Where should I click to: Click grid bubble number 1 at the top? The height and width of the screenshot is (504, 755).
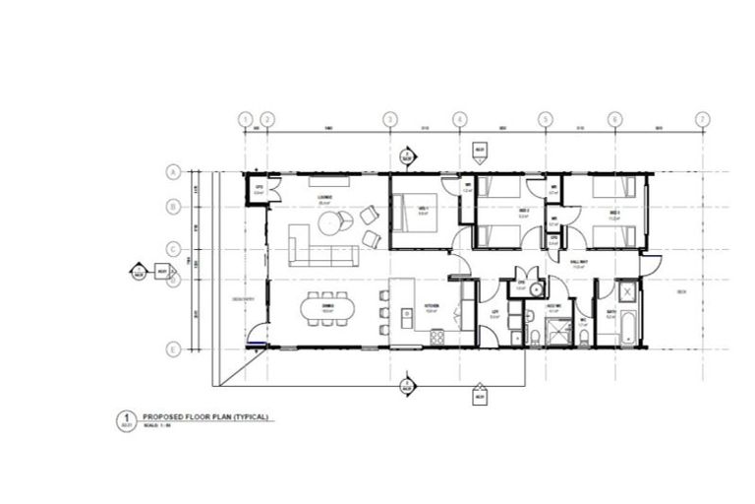tap(246, 119)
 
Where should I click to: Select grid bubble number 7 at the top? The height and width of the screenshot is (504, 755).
tap(702, 119)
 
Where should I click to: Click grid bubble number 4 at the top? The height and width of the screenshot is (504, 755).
tap(459, 119)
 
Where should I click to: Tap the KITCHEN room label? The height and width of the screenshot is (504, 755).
tap(430, 306)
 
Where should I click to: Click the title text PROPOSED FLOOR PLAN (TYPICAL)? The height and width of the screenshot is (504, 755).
tap(204, 416)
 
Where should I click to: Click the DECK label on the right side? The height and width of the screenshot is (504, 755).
tap(682, 292)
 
